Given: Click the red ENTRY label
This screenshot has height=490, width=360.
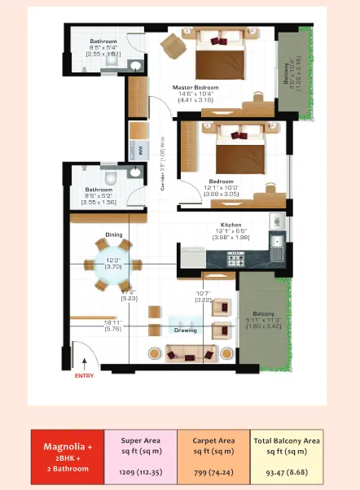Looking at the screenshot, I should point(84,375).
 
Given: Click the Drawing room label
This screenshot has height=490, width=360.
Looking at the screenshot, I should point(185,330).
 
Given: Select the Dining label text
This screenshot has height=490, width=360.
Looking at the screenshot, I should point(114,235).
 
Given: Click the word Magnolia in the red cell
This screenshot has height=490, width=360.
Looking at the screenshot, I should point(67,447).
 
